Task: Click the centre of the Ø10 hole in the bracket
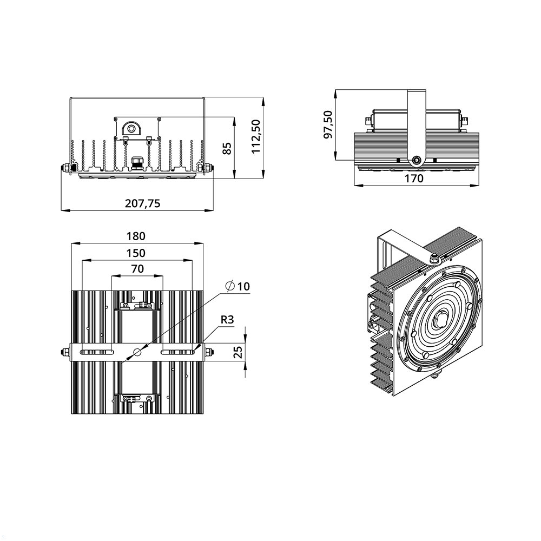tap(137, 352)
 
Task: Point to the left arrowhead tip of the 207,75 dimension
tap(61, 210)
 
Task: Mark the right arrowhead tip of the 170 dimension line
tap(479, 185)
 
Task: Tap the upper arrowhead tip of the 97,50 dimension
tap(336, 90)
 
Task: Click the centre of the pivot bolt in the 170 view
tap(417, 160)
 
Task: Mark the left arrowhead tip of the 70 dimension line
tap(111, 276)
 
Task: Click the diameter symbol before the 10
tap(230, 286)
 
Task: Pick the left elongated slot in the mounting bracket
tap(97, 352)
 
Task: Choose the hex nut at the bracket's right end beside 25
tap(208, 352)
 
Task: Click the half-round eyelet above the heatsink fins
tap(131, 129)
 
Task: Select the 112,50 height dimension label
tap(256, 137)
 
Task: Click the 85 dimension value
tap(227, 149)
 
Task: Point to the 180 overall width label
tap(136, 236)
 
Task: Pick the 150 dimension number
tap(136, 253)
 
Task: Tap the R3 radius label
tap(227, 320)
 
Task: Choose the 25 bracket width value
tap(238, 352)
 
